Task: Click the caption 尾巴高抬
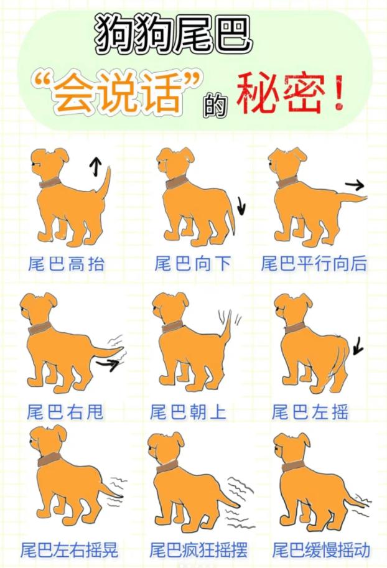tap(67, 264)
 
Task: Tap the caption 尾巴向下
tap(192, 264)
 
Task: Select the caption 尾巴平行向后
tap(314, 264)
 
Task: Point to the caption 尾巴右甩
tap(65, 412)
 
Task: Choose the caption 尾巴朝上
tap(188, 412)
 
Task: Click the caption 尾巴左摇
tap(310, 412)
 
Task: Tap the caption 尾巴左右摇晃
tap(69, 550)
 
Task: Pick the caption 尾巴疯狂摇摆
tap(198, 550)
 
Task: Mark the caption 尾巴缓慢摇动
tap(321, 550)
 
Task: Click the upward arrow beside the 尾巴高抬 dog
tap(95, 167)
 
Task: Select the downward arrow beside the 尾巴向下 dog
tap(241, 206)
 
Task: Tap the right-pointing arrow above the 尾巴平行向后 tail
tap(355, 185)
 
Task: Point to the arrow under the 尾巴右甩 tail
tap(107, 364)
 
